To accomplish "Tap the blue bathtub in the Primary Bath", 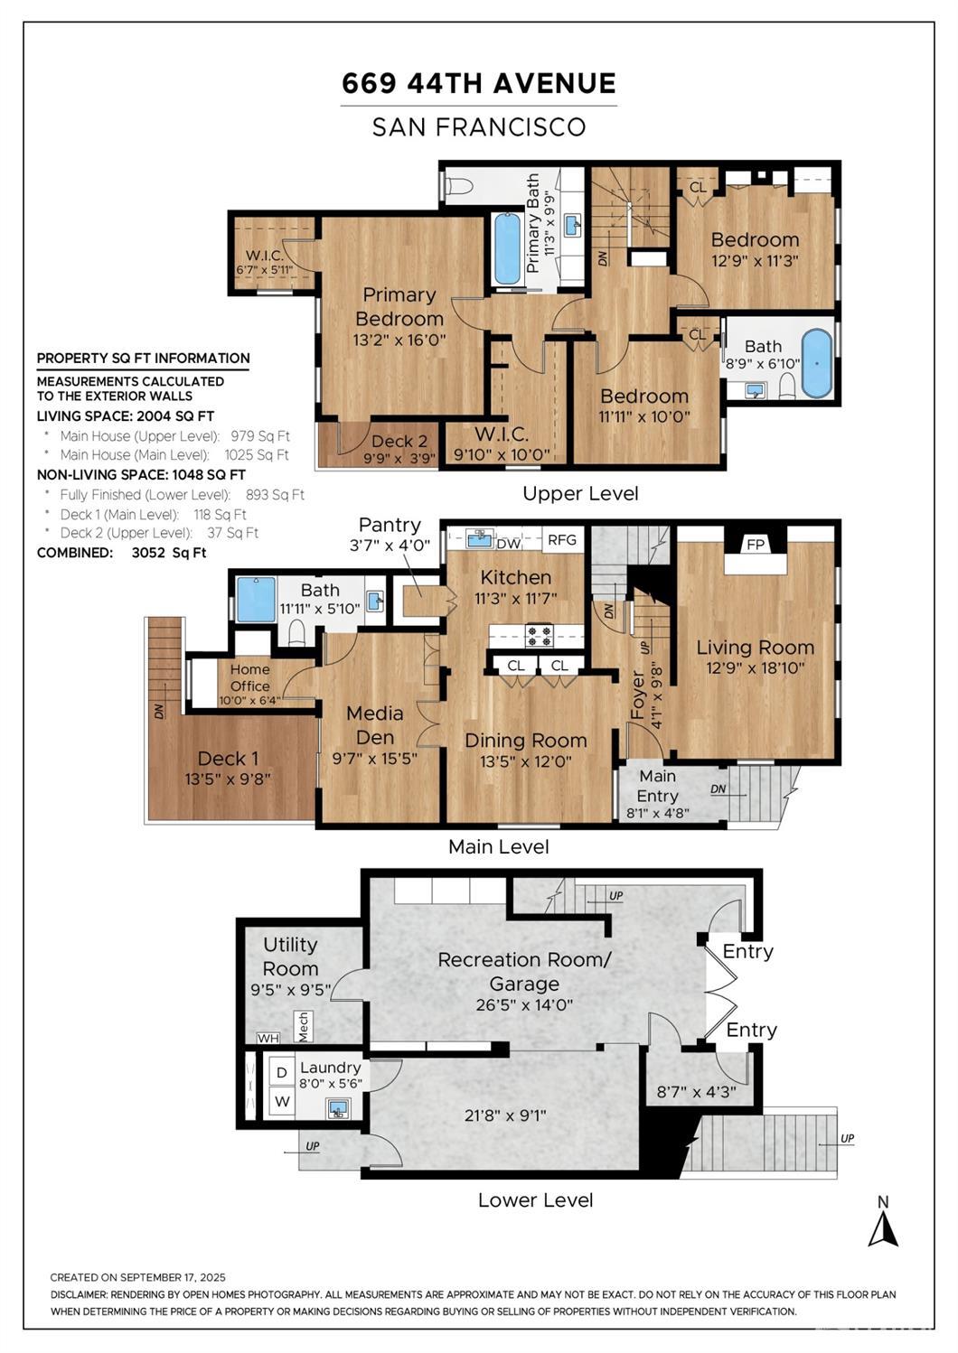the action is tap(507, 249).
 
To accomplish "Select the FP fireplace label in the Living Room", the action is tap(756, 545).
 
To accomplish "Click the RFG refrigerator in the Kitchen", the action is tap(562, 539).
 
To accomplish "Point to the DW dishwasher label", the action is tap(508, 544).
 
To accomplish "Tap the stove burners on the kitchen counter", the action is tap(540, 636).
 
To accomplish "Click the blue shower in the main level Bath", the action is tap(256, 599).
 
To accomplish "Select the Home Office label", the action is tap(249, 677).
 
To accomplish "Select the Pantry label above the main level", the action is tap(390, 525).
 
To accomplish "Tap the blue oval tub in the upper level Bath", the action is tap(817, 363).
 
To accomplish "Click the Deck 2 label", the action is tap(399, 441).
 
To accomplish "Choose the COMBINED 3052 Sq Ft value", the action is tap(169, 553).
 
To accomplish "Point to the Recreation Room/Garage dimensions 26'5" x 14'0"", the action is tap(524, 1005).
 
